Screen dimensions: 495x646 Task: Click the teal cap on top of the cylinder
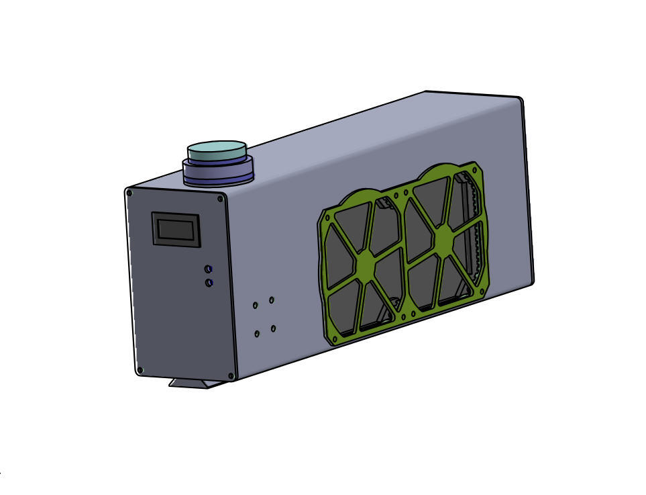click(x=217, y=150)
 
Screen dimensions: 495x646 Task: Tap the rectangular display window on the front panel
click(x=176, y=230)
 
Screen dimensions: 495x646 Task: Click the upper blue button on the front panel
click(x=209, y=269)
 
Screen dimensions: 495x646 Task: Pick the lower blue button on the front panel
click(x=209, y=283)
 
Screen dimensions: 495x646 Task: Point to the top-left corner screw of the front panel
click(x=129, y=193)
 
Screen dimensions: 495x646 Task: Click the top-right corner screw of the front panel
click(x=220, y=199)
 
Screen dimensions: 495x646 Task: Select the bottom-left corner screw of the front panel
click(x=140, y=369)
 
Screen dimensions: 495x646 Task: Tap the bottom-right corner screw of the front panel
click(x=231, y=375)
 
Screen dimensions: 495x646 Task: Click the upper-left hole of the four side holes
click(x=256, y=306)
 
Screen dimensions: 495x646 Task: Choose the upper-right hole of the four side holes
click(x=272, y=300)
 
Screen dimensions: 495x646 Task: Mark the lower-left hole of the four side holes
click(x=257, y=334)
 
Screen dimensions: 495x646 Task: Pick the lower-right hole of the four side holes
click(x=273, y=328)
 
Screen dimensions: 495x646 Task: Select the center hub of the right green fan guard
click(x=443, y=240)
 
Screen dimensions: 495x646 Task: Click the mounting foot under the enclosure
click(x=197, y=384)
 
